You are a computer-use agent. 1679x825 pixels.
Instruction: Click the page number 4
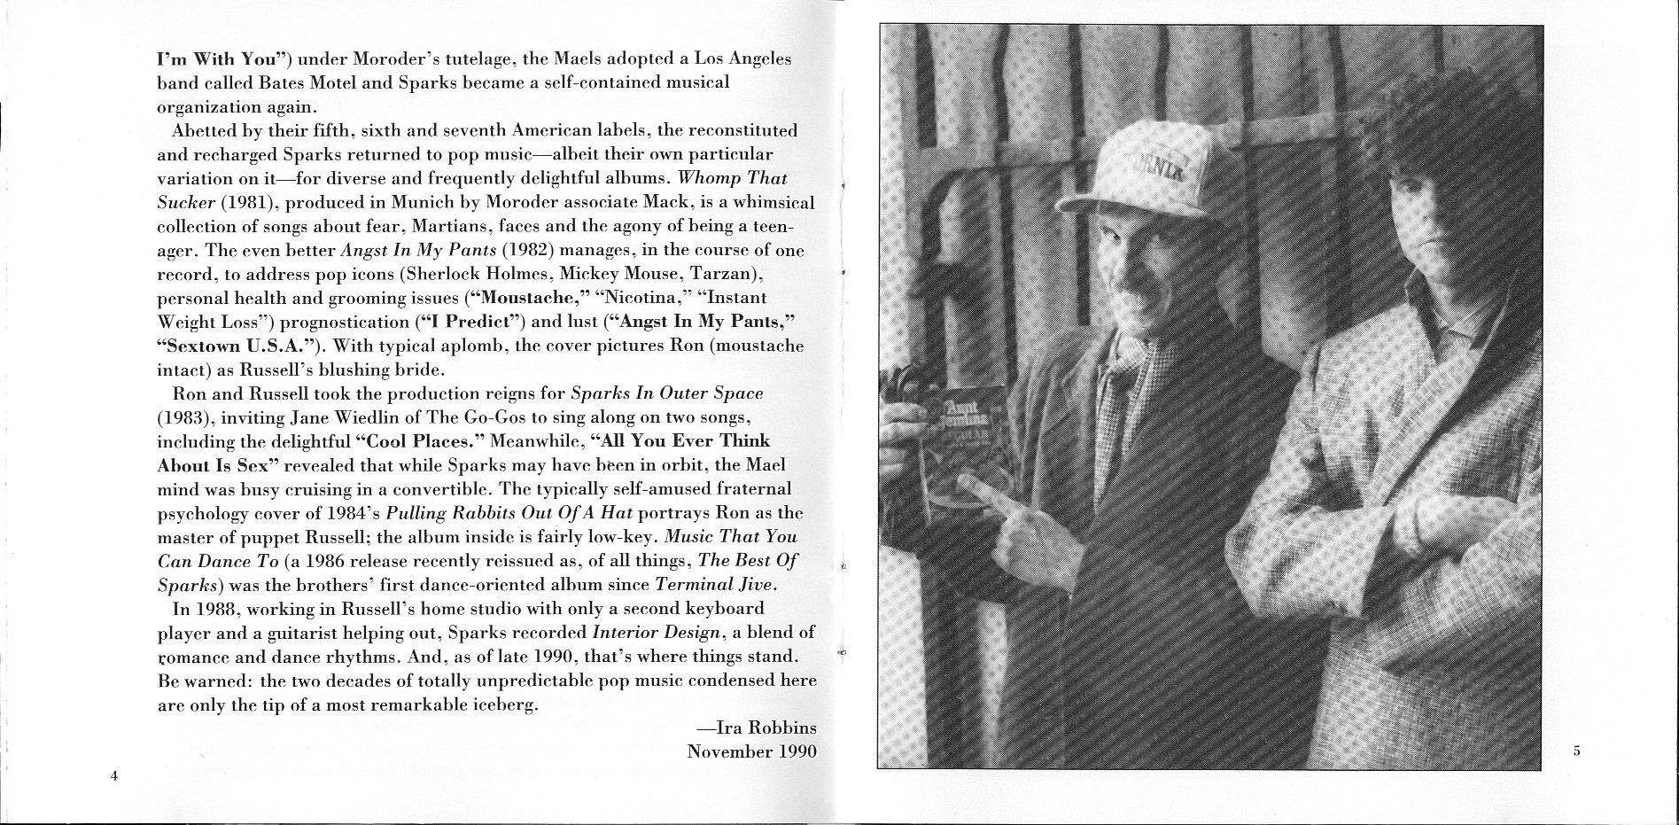pos(114,776)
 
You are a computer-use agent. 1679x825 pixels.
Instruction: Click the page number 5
pos(1576,751)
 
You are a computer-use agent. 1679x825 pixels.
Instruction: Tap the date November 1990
pos(751,751)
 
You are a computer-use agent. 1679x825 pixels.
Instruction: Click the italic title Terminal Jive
pos(713,584)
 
